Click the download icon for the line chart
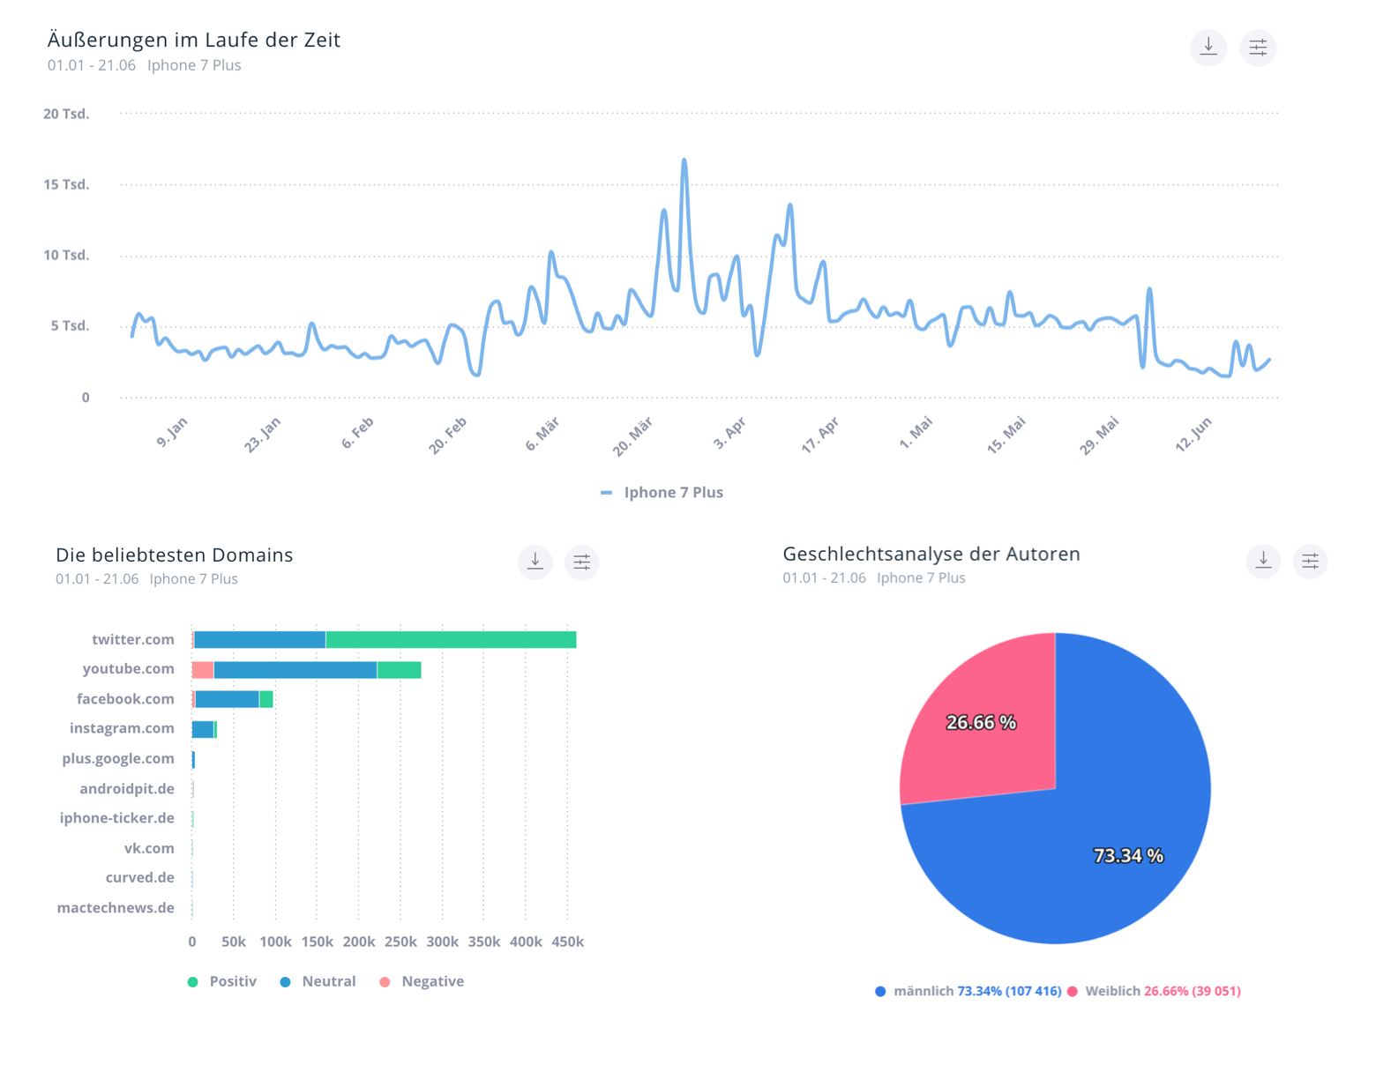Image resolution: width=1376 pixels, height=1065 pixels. [1208, 47]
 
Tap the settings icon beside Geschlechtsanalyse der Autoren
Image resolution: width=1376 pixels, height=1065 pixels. [1310, 561]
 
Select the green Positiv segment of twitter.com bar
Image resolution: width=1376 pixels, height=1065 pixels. [450, 640]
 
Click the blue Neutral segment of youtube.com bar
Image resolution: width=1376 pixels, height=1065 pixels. [295, 670]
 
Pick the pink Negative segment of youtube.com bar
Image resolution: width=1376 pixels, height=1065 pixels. [203, 670]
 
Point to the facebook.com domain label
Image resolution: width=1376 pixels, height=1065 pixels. [125, 699]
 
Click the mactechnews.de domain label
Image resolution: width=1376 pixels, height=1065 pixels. [116, 908]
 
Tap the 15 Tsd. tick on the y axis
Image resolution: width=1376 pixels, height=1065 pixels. [66, 184]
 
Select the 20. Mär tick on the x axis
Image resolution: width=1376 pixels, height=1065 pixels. [633, 436]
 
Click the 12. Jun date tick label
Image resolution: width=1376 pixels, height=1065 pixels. [1194, 434]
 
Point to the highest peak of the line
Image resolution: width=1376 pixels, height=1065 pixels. [684, 160]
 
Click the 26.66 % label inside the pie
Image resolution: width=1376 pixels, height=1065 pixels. [981, 723]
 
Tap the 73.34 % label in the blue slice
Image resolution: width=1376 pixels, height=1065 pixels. [1128, 856]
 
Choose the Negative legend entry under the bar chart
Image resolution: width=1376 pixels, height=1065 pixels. [431, 981]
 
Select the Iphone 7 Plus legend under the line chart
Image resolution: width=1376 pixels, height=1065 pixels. [672, 493]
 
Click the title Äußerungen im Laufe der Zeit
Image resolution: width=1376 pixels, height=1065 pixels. [193, 40]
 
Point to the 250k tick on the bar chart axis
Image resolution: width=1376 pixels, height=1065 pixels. [400, 942]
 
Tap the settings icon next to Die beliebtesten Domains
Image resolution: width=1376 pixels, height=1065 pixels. [581, 562]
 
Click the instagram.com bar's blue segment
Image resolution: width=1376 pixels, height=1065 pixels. [203, 729]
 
